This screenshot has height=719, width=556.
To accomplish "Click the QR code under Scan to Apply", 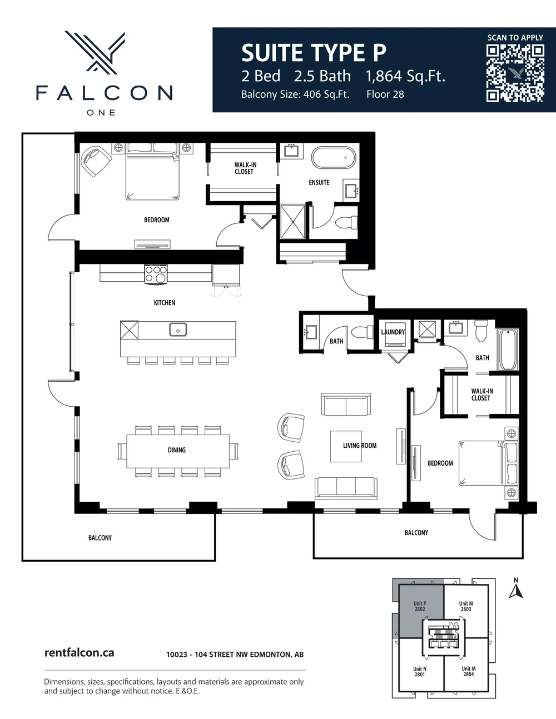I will point(515,73).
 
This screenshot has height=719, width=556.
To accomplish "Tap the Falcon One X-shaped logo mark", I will point(95,53).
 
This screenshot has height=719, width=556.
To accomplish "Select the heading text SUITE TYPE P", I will point(314,53).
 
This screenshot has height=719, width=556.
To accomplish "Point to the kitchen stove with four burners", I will point(156,274).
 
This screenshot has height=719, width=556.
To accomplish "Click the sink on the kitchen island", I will point(178,329).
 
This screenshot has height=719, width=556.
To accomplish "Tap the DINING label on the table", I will point(177,450).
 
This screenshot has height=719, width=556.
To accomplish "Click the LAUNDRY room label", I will point(393,332).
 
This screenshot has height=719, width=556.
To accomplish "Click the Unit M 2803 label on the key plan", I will point(466,606).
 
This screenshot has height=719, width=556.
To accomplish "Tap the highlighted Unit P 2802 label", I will point(420,606).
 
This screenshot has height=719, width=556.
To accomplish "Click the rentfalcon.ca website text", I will point(79,653).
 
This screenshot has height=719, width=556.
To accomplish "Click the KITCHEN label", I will point(164,303).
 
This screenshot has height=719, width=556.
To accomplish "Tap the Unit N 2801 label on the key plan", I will point(420,672).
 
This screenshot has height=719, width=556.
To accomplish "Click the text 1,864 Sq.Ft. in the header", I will point(405,76).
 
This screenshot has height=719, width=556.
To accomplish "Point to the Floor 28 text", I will point(385,94).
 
